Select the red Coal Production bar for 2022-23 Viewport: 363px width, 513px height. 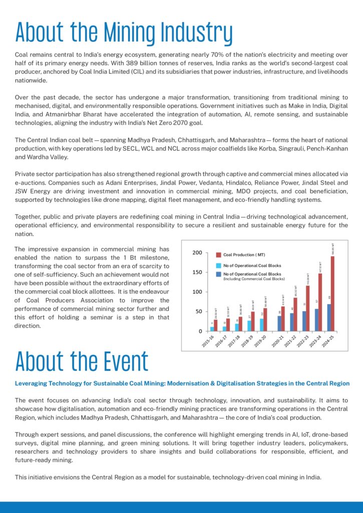308,308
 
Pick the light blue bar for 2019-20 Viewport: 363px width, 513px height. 261,325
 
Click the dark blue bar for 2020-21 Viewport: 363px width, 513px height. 279,324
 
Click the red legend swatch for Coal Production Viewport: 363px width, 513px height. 218,255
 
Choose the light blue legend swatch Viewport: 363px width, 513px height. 218,265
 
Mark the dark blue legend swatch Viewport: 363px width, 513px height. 218,274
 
